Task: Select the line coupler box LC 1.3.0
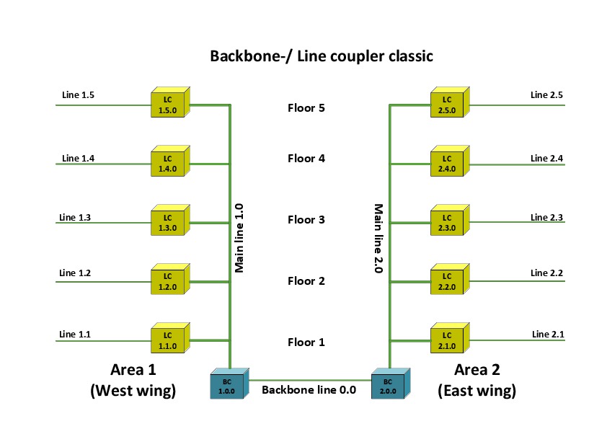click(167, 222)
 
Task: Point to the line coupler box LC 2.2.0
click(447, 282)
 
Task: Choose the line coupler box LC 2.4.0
click(447, 164)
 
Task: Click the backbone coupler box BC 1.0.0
click(226, 385)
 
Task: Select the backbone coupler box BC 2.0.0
click(388, 385)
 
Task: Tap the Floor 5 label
click(306, 108)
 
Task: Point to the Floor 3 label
click(306, 220)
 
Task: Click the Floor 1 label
click(306, 342)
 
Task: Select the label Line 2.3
click(546, 217)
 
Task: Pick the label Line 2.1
click(548, 334)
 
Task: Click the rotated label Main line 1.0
click(240, 237)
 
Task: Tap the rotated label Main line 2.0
click(378, 238)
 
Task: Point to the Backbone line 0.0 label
click(309, 390)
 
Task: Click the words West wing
click(133, 391)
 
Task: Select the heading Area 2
click(477, 370)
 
